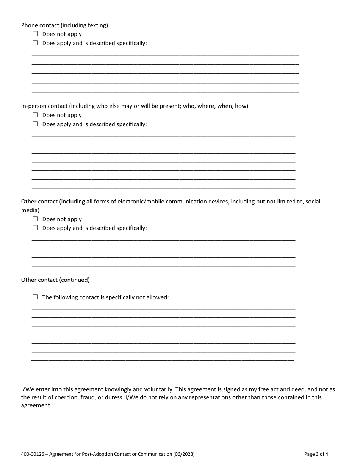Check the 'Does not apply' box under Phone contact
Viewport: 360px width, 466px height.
35,34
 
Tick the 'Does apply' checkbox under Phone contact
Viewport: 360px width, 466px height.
35,43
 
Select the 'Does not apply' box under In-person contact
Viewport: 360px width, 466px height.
35,115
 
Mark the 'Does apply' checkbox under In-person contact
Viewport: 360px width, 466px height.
35,124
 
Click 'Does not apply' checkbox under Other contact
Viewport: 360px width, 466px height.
35,219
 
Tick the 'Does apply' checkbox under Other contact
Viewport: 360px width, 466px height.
35,228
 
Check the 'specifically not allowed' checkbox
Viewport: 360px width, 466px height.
35,297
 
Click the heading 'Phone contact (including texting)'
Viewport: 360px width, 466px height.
64,25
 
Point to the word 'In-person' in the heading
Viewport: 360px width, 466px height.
34,106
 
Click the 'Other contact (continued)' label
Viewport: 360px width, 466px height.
55,280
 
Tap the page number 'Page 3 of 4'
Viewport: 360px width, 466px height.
316,454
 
